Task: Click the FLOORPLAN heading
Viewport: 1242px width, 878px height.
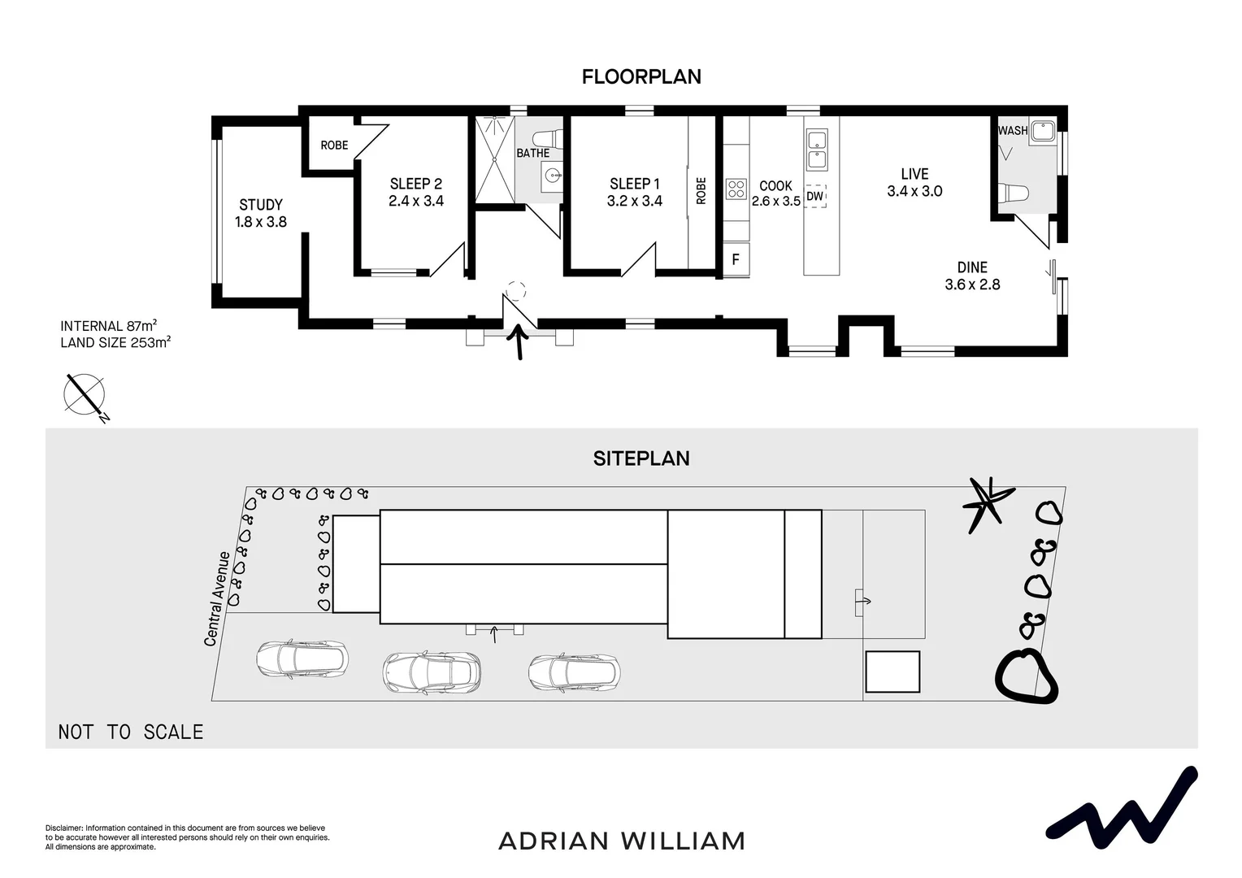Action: point(641,76)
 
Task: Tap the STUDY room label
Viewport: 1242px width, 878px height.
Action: point(261,205)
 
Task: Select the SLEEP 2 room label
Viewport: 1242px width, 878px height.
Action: point(415,184)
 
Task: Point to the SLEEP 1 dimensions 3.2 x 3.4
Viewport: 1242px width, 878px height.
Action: point(634,202)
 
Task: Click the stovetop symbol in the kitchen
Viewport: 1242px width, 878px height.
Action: point(736,189)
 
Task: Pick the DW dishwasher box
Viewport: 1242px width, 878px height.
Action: point(814,197)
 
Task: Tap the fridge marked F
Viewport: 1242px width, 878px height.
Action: point(736,260)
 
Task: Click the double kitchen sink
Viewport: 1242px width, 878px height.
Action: point(816,150)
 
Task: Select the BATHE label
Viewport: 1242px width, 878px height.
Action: point(533,153)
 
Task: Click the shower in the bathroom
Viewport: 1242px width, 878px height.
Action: point(494,159)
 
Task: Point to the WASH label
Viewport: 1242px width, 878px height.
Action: point(1012,130)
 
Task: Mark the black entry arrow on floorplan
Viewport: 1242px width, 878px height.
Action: point(516,341)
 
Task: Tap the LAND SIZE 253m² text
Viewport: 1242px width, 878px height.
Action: point(115,343)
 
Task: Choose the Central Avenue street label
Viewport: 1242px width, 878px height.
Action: point(215,599)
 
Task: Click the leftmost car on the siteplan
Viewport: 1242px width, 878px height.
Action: point(302,658)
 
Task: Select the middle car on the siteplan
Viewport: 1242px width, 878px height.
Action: point(432,672)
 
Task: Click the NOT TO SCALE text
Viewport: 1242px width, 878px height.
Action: point(131,732)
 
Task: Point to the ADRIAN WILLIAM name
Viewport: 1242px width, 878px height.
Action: point(621,841)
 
